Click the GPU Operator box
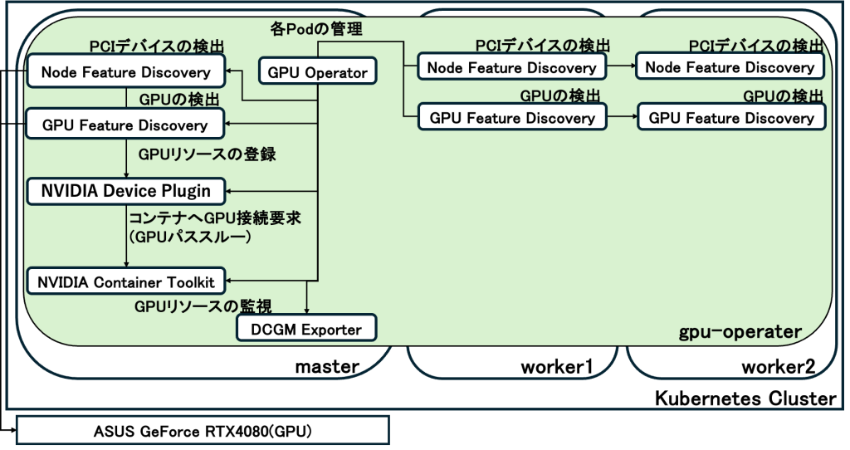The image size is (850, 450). (x=318, y=71)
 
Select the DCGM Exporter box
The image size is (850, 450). (x=307, y=329)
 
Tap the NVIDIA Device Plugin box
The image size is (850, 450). (x=125, y=191)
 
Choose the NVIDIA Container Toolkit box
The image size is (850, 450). (x=125, y=281)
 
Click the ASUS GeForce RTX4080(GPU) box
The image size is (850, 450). (x=203, y=431)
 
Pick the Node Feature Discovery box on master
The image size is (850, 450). (x=125, y=71)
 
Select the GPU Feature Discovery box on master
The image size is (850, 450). (x=125, y=125)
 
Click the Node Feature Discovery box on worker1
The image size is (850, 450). (x=511, y=67)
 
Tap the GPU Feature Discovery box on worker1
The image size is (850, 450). (x=512, y=117)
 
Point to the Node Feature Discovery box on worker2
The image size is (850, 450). (x=730, y=67)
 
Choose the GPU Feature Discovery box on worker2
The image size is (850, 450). (x=731, y=117)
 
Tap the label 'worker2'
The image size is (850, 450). (x=779, y=366)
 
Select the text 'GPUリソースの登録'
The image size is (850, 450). (x=208, y=154)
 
